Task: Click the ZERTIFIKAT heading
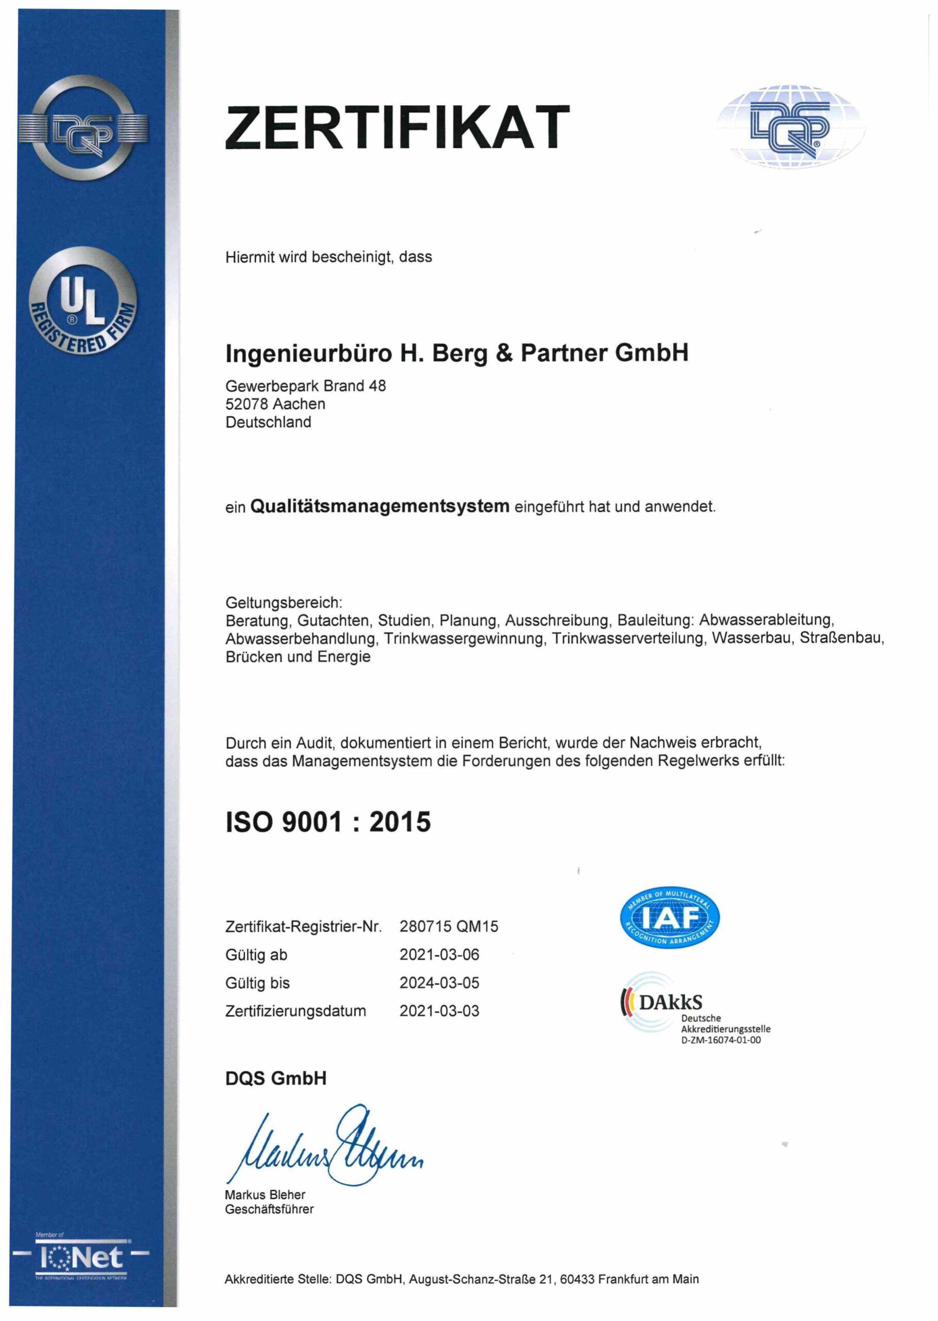click(x=398, y=127)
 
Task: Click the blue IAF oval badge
click(x=669, y=917)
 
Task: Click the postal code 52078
click(x=246, y=404)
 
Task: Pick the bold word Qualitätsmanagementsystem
click(x=380, y=506)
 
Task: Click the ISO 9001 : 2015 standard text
click(x=327, y=821)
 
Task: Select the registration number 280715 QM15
click(x=448, y=926)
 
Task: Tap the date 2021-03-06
click(x=439, y=955)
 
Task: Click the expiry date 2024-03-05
click(x=439, y=982)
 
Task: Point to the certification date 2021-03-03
click(x=439, y=1011)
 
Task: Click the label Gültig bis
click(x=258, y=983)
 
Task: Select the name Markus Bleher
click(x=265, y=1195)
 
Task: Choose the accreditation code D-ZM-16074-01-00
click(x=721, y=1040)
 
